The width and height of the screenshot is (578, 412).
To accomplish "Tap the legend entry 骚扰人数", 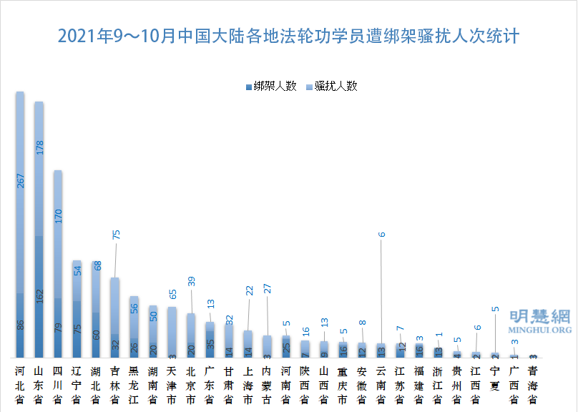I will (335, 86).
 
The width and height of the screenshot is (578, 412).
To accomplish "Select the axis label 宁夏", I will (494, 379).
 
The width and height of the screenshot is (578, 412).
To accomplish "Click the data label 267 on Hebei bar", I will (21, 180).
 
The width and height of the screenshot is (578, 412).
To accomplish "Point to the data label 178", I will (39, 147).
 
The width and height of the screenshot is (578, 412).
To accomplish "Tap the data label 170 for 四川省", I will (59, 215).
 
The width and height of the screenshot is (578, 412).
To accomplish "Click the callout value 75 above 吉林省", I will (116, 234).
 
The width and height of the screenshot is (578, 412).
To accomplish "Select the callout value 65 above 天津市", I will (172, 293).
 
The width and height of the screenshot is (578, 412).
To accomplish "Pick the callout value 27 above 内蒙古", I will (268, 288).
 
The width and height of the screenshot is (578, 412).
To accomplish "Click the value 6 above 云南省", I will (381, 234).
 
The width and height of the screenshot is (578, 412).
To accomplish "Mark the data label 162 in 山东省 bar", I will (39, 296).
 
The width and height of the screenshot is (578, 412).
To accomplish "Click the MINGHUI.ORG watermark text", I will (540, 330).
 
